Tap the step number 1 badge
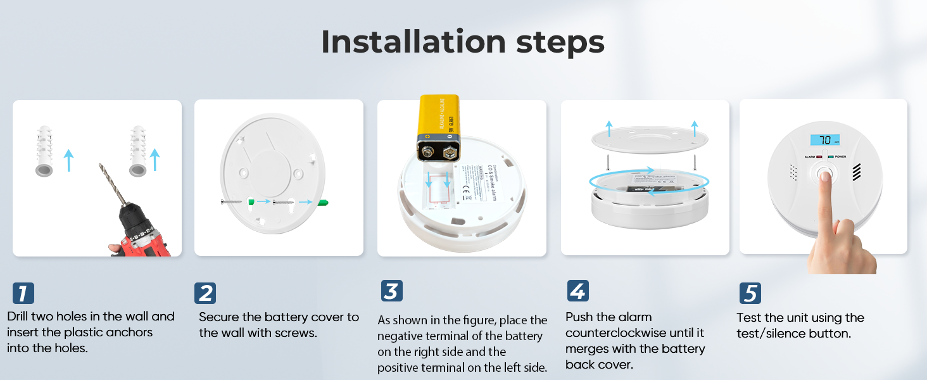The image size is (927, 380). point(23,294)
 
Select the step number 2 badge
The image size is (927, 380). point(205,293)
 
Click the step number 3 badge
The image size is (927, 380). point(392,291)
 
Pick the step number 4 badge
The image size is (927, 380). point(577,291)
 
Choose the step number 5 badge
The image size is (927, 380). point(750,294)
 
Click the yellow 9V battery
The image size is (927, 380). point(439,127)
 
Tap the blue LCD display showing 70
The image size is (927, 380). point(824,140)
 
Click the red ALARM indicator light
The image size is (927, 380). point(819,156)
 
